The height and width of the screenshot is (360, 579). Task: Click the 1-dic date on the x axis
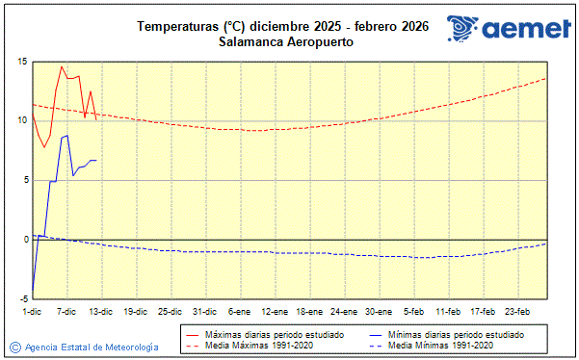(x=32, y=311)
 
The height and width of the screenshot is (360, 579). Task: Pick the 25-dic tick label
(x=170, y=311)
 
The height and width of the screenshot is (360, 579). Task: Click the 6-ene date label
(x=239, y=311)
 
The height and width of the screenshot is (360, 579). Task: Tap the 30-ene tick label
(x=379, y=311)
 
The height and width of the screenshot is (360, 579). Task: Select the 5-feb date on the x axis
(x=414, y=311)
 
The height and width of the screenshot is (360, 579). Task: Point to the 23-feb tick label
(x=518, y=311)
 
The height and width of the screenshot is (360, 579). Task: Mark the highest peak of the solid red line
(x=62, y=66)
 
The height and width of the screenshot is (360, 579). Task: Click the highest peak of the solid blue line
(x=67, y=136)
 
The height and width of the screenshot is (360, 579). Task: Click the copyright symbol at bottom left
(x=15, y=347)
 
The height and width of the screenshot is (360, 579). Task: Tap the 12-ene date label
(x=275, y=311)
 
